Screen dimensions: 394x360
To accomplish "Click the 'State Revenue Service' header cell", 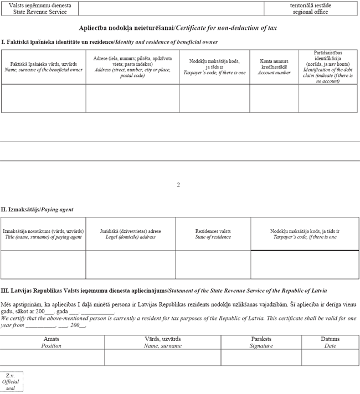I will pyautogui.click(x=39, y=8).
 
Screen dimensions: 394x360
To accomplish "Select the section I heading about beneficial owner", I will pyautogui.click(x=110, y=42).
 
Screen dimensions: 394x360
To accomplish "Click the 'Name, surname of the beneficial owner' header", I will pyautogui.click(x=43, y=67).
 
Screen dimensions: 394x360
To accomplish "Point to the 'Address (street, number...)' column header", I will pyautogui.click(x=132, y=67).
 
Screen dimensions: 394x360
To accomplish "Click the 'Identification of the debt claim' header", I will pyautogui.click(x=328, y=67).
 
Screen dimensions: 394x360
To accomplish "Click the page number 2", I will pyautogui.click(x=178, y=185).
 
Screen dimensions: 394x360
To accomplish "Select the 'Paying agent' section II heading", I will pyautogui.click(x=37, y=210).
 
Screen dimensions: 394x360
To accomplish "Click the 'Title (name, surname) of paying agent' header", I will pyautogui.click(x=43, y=234).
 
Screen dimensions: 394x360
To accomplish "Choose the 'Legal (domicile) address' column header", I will pyautogui.click(x=131, y=234).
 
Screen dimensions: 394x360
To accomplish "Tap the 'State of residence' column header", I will pyautogui.click(x=213, y=234).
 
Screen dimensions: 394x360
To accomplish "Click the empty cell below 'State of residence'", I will pyautogui.click(x=213, y=264).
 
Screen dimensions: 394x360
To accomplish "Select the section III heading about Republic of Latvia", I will pyautogui.click(x=164, y=291).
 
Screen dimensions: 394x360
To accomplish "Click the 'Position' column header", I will pyautogui.click(x=52, y=342).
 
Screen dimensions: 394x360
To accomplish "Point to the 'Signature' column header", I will pyautogui.click(x=261, y=342).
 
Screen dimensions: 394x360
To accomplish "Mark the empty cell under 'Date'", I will pyautogui.click(x=330, y=357).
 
